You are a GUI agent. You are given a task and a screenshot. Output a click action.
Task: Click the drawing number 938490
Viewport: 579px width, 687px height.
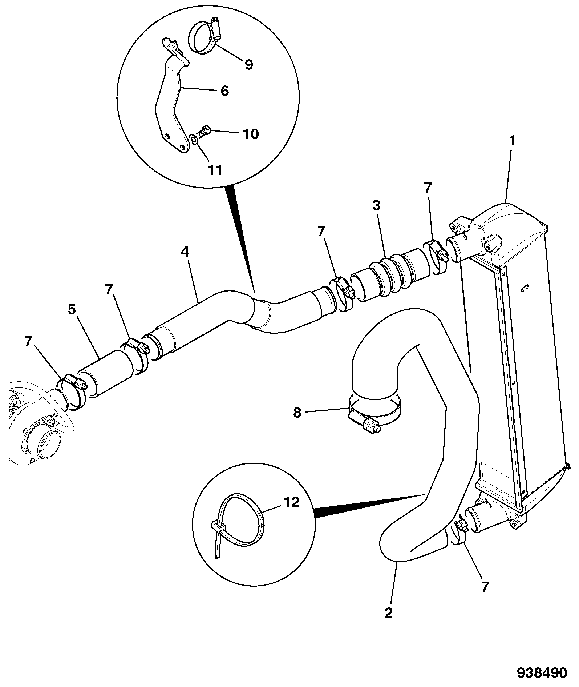click(542, 672)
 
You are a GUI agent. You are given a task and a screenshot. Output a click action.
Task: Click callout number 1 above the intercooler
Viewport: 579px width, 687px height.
click(512, 141)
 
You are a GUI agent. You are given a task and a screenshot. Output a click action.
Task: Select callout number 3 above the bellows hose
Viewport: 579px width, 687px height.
click(376, 205)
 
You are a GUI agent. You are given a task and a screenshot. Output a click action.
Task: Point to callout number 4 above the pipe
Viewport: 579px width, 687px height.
click(185, 252)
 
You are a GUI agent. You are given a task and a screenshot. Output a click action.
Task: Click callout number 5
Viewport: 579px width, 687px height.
click(72, 310)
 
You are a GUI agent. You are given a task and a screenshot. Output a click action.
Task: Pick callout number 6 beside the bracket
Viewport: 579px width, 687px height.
click(225, 91)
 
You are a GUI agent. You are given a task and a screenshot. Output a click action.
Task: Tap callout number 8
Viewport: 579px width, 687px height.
click(297, 413)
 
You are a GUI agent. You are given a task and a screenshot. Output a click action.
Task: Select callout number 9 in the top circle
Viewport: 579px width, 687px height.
click(248, 64)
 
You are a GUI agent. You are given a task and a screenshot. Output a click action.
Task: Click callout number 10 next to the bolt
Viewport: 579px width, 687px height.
click(251, 134)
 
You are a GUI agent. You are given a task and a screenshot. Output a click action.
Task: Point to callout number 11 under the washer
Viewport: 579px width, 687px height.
click(215, 170)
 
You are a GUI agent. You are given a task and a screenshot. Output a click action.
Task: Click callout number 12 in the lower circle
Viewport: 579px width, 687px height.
click(291, 502)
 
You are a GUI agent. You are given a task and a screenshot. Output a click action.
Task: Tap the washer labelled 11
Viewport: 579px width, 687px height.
click(194, 139)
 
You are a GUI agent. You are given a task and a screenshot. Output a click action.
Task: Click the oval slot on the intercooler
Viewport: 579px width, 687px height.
click(525, 288)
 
